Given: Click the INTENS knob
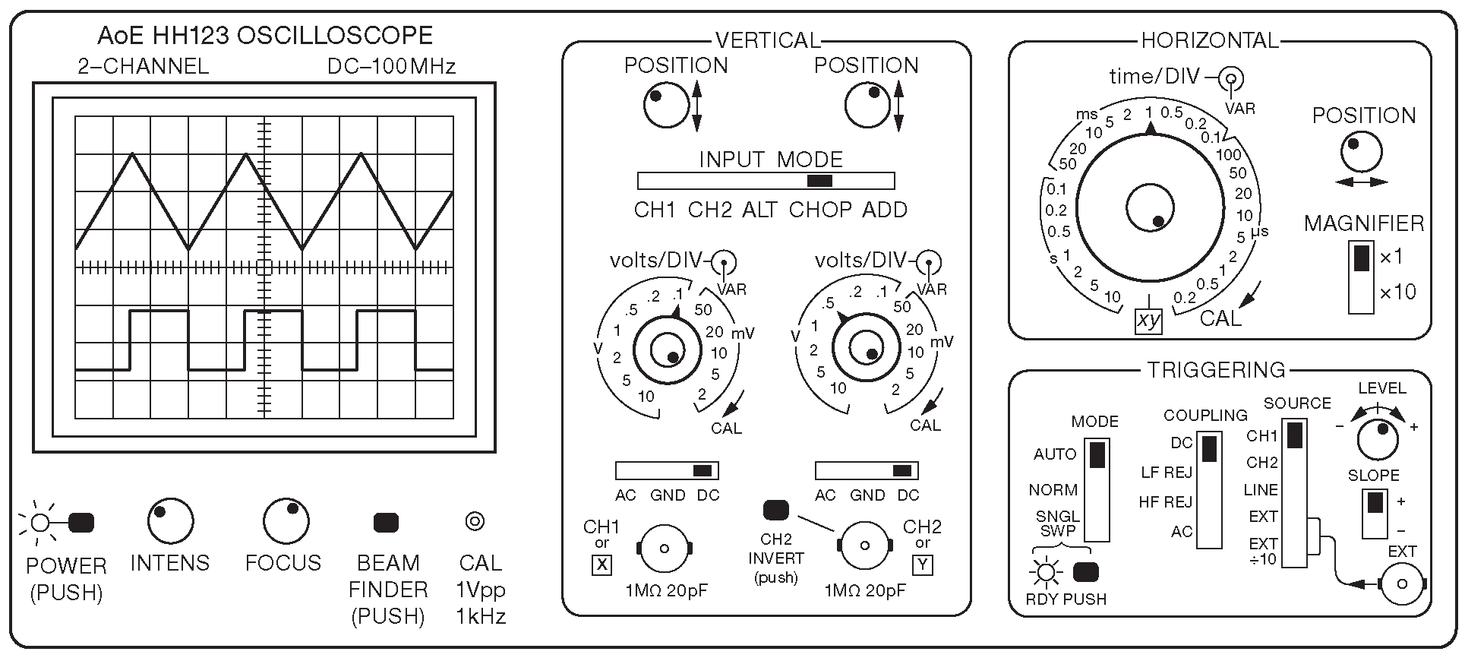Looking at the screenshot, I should [x=169, y=521].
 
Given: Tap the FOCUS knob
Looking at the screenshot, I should [x=286, y=521].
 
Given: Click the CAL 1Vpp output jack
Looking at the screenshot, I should [x=475, y=521].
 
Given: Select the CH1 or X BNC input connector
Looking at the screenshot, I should [x=664, y=548].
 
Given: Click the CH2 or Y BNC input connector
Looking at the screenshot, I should [x=864, y=545].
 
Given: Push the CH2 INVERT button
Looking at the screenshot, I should [x=775, y=509].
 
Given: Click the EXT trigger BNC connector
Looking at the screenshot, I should [x=1401, y=584].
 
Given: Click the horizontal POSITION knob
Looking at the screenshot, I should [x=1361, y=153].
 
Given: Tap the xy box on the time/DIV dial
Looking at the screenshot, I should [x=1148, y=321].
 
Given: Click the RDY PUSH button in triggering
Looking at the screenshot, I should [x=1086, y=572].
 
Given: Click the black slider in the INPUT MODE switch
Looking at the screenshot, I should [x=819, y=181].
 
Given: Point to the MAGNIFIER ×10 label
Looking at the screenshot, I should [x=1397, y=293].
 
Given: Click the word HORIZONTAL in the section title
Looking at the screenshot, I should [x=1210, y=40].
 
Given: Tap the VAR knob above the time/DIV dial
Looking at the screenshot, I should [x=1231, y=77].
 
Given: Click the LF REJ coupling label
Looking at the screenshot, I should [x=1167, y=473].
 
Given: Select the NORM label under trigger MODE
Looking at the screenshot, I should [x=1053, y=490].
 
